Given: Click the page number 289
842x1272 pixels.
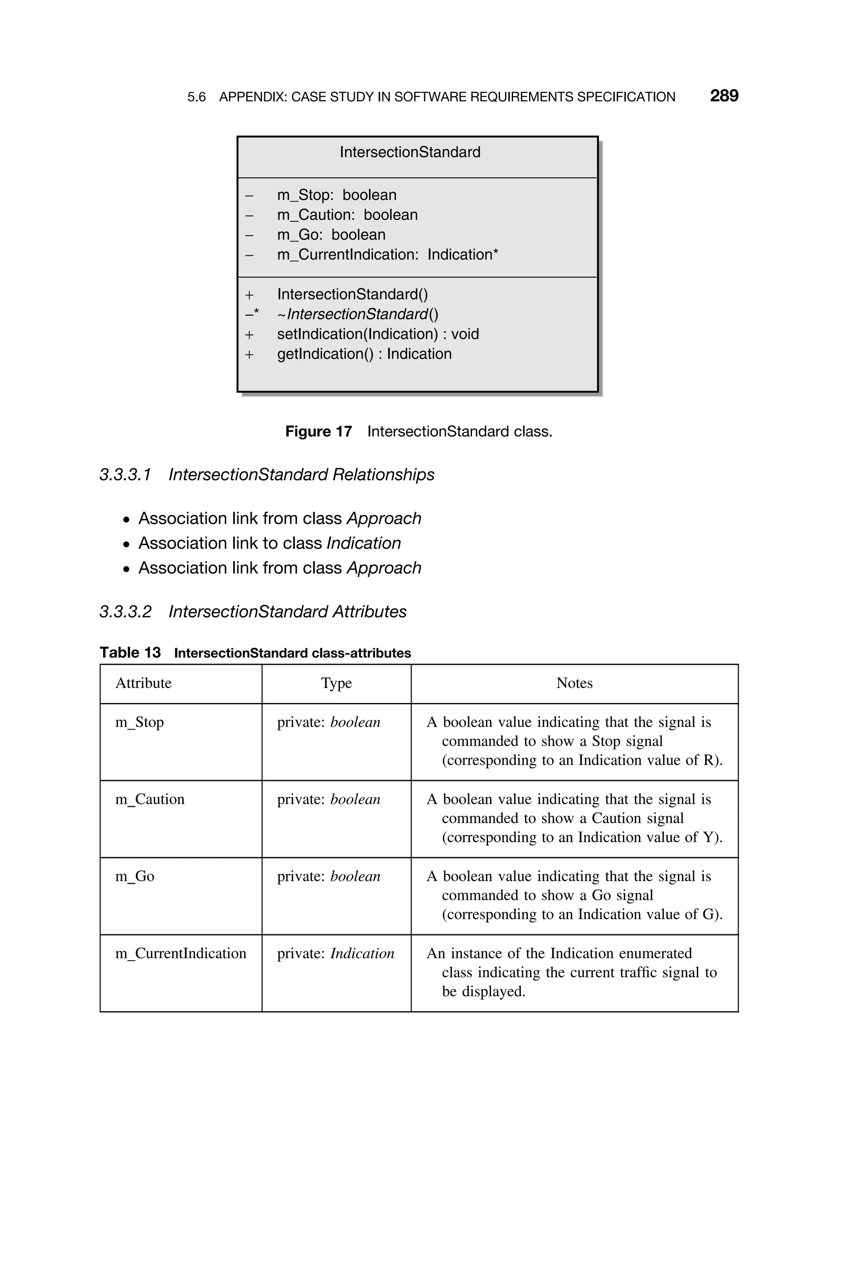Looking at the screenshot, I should point(724,96).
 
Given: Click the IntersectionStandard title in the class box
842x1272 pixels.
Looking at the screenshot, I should point(410,153).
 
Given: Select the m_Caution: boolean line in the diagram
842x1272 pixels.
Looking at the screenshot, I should point(347,215).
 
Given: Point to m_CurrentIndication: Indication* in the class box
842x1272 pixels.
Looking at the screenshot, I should point(387,255).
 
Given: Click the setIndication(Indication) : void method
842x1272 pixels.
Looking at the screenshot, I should point(377,334).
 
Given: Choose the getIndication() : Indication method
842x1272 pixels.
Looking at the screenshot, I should point(364,354).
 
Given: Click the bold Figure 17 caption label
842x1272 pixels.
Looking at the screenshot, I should point(319,432).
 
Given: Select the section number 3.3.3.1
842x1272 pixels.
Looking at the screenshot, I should point(125,475).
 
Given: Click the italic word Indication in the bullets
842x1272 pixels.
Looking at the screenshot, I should point(363,543).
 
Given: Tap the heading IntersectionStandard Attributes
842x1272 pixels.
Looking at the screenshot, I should point(287,612).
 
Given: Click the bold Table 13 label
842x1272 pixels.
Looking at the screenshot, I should point(130,652).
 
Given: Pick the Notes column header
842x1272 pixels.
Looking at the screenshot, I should point(574,683).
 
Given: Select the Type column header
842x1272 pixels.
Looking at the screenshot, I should point(336,683).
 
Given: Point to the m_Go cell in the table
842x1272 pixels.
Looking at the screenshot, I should point(135,877).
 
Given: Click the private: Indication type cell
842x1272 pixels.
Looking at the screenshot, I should point(335,954).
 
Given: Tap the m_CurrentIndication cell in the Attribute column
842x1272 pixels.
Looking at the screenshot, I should point(180,954).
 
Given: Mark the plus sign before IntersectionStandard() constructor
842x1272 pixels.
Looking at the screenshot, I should point(249,295).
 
